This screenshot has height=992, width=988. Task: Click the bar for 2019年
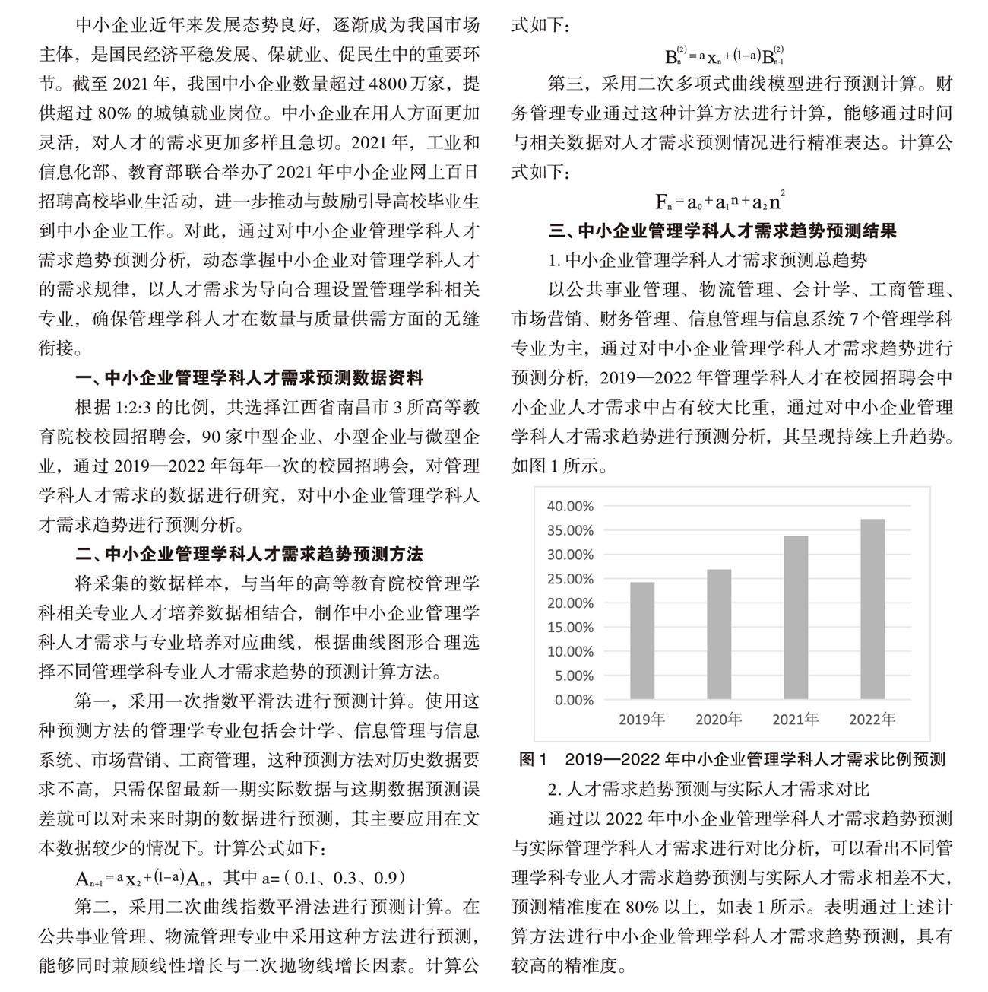(641, 641)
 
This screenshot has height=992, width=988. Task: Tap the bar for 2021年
(796, 617)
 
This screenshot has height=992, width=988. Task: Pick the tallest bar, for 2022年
(872, 609)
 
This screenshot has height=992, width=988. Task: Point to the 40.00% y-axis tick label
(571, 506)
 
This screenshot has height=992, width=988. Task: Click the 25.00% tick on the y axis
(571, 579)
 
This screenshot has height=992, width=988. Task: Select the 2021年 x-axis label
(796, 719)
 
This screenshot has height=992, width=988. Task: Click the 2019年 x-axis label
(641, 719)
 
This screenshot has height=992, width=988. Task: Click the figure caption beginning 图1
(731, 759)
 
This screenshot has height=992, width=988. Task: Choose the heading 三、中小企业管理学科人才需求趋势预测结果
(723, 231)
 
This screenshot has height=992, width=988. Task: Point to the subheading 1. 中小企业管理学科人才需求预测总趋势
(708, 260)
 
